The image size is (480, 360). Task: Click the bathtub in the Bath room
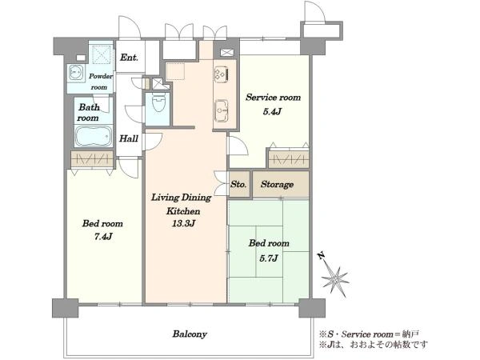point(94,136)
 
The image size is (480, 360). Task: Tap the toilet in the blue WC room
point(158,102)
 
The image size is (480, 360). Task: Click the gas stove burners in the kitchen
point(222,74)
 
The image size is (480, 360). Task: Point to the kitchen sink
point(222,110)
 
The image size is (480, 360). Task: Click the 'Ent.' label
point(129,58)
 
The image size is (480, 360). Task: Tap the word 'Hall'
point(129,138)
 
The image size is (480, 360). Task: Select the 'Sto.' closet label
point(238,184)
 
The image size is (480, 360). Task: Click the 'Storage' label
point(277,184)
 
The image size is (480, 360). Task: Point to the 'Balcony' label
point(190,334)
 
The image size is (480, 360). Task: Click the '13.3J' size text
point(183,223)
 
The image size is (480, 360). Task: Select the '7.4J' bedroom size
point(102,236)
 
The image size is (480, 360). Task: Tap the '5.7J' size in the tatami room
point(269,258)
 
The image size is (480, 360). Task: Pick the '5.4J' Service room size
point(272,111)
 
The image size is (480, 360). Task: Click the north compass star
point(335,279)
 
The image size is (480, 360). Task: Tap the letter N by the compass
point(321,256)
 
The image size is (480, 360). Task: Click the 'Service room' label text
point(273,98)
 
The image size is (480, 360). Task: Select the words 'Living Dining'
point(182,198)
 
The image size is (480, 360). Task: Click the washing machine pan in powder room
point(101,54)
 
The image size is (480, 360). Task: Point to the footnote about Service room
point(369,334)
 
